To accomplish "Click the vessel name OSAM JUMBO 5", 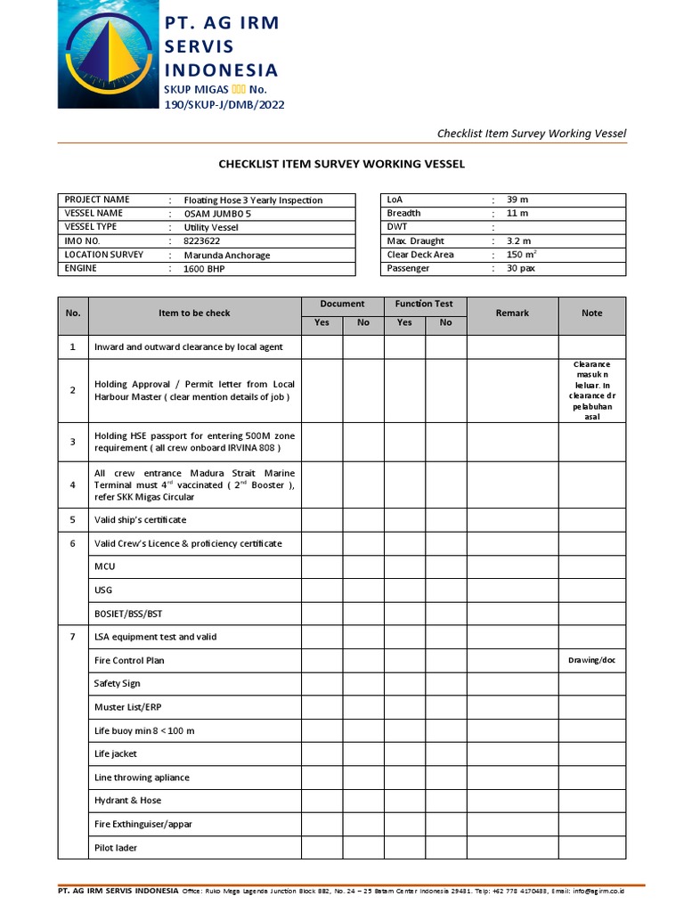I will click(x=212, y=215).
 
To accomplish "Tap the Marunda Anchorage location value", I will click(x=226, y=255).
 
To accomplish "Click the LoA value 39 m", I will click(x=517, y=199).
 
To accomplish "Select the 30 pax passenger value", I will click(x=520, y=268).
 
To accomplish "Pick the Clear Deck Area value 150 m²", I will click(x=521, y=255).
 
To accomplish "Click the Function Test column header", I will click(x=425, y=304).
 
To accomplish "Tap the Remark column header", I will click(x=512, y=313).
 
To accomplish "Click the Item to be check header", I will click(x=194, y=313).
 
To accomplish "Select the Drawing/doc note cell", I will click(x=591, y=660).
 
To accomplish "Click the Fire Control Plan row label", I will click(x=129, y=660).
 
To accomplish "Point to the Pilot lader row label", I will click(x=116, y=848).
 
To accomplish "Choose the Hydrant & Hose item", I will click(x=127, y=801).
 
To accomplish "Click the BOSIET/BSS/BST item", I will click(x=128, y=614).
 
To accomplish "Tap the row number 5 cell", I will click(x=73, y=519).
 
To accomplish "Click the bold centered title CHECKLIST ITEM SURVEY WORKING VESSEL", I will click(x=342, y=164).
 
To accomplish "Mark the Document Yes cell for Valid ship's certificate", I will click(x=322, y=519).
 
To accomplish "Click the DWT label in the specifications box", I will click(x=398, y=227).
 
